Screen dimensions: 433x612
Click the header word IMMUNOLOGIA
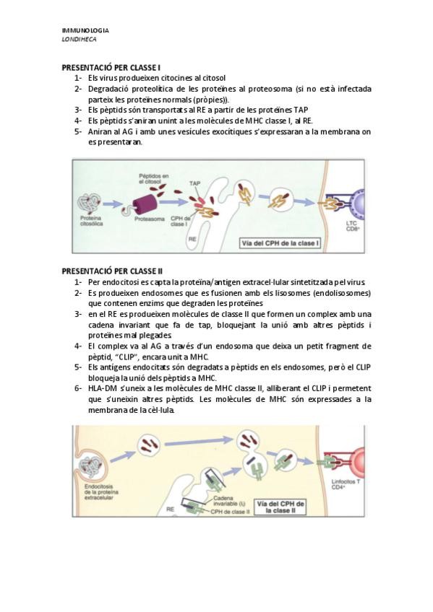coord(85,30)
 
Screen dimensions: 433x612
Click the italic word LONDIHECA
coord(79,40)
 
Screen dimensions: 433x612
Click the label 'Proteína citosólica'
coord(92,221)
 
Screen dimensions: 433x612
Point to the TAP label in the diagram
coord(194,183)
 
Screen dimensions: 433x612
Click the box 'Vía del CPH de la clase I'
coord(280,243)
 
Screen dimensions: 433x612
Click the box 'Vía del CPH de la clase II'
coord(280,507)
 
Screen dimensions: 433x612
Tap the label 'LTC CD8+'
coord(352,226)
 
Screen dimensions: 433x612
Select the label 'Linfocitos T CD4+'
coord(346,484)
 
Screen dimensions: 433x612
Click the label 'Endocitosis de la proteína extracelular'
coord(100,492)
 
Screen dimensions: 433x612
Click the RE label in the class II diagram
coord(170,510)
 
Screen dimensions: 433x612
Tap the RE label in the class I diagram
coord(192,239)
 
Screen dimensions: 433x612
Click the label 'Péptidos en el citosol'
coord(153,179)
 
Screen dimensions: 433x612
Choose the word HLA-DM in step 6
coord(100,388)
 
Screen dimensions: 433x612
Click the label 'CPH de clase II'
coord(230,512)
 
